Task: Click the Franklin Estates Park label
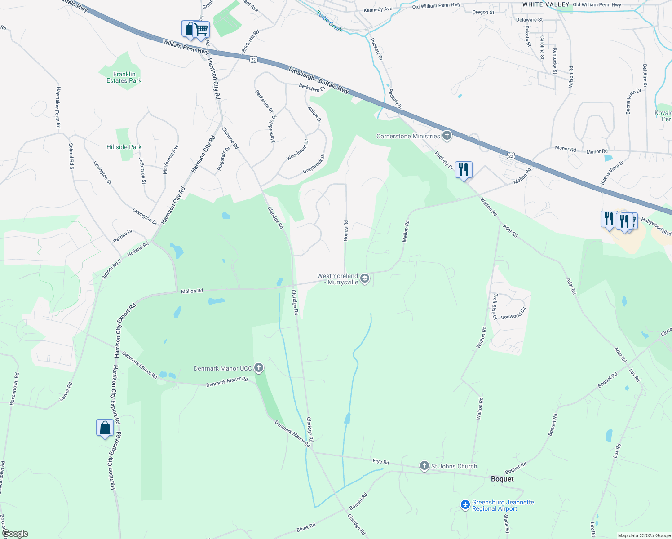pyautogui.click(x=124, y=77)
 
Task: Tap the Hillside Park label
pyautogui.click(x=124, y=147)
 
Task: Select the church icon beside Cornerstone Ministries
pyautogui.click(x=447, y=135)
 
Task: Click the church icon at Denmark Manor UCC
pyautogui.click(x=258, y=368)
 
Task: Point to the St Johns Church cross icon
pyautogui.click(x=424, y=466)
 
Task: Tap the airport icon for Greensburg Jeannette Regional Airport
pyautogui.click(x=465, y=505)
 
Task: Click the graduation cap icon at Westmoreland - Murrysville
pyautogui.click(x=365, y=279)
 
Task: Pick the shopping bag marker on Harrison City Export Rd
pyautogui.click(x=105, y=428)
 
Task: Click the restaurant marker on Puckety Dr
pyautogui.click(x=464, y=170)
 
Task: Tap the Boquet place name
pyautogui.click(x=502, y=479)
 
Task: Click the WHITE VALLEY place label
pyautogui.click(x=546, y=4)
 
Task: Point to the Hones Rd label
pyautogui.click(x=346, y=230)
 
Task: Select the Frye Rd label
pyautogui.click(x=381, y=462)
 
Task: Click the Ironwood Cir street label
pyautogui.click(x=513, y=313)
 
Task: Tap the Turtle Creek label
pyautogui.click(x=330, y=21)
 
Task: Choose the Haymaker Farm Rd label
pyautogui.click(x=58, y=107)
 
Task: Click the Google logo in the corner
pyautogui.click(x=15, y=534)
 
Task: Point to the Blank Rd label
pyautogui.click(x=306, y=527)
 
